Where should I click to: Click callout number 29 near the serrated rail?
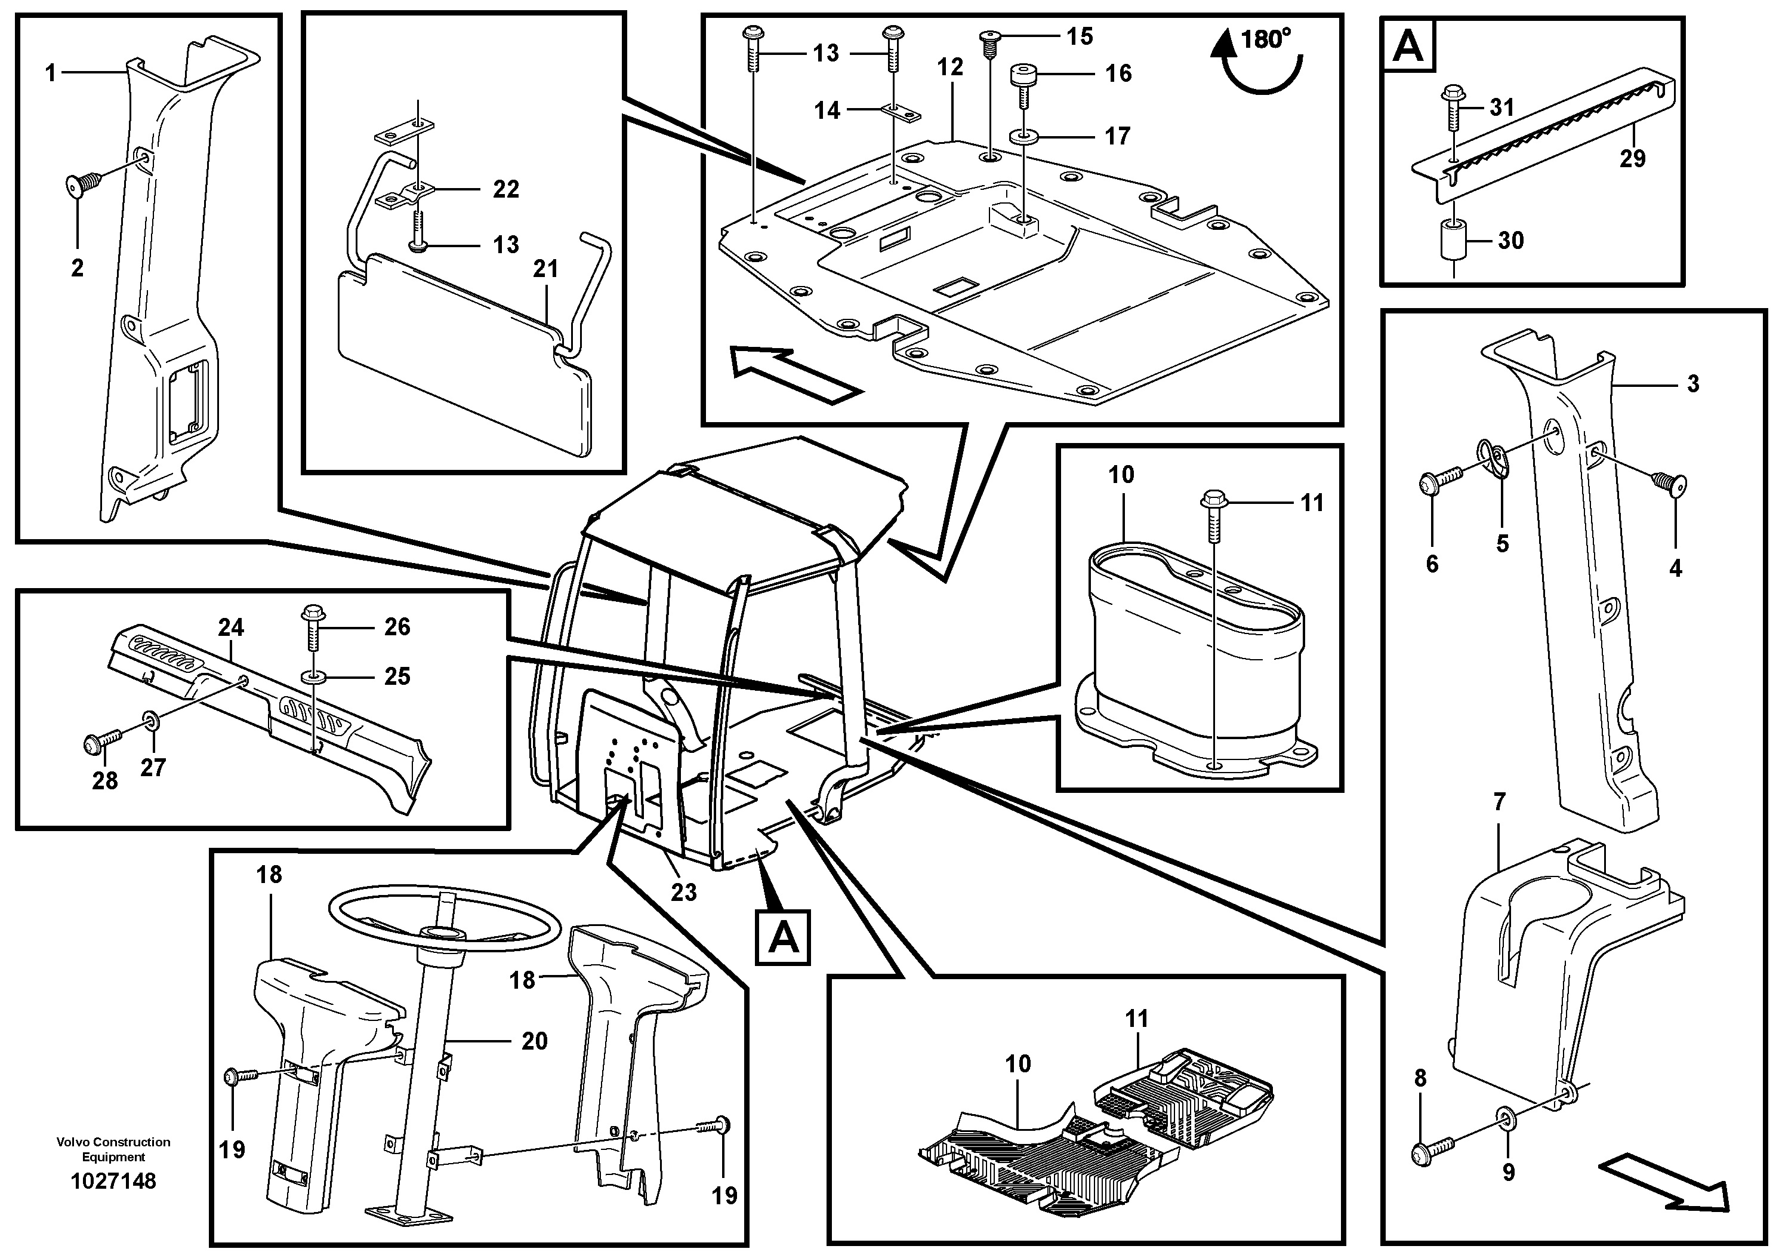click(1632, 159)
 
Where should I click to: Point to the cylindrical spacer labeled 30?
click(1455, 241)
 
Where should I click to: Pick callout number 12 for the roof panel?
click(951, 67)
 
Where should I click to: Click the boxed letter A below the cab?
click(783, 939)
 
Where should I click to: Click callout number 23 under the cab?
click(684, 892)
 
